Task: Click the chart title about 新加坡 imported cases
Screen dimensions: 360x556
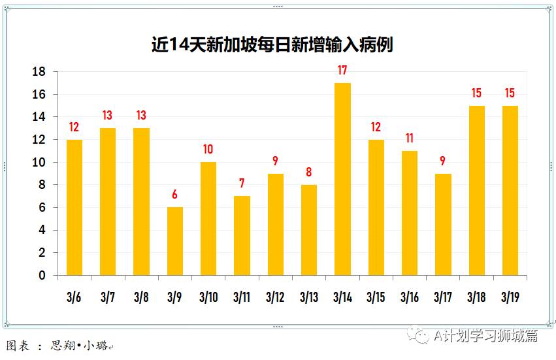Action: [272, 45]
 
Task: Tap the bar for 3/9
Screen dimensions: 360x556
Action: [174, 241]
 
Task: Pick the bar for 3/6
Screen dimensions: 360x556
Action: [74, 207]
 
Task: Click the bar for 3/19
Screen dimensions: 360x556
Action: [510, 190]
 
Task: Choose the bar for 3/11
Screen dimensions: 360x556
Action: [242, 235]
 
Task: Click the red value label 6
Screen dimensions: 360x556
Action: [174, 195]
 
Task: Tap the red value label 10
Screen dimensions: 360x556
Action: [208, 150]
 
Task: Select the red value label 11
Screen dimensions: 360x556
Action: [409, 139]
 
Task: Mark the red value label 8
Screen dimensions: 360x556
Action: [309, 172]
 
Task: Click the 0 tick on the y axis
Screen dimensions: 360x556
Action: [42, 275]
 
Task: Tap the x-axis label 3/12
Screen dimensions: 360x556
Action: [275, 297]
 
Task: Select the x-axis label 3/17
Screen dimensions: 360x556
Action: [443, 297]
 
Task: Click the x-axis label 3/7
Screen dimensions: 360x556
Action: [107, 297]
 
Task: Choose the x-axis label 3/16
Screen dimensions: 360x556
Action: [410, 297]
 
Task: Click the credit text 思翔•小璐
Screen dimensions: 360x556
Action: [79, 346]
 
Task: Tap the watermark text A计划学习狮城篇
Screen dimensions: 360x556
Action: [486, 336]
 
